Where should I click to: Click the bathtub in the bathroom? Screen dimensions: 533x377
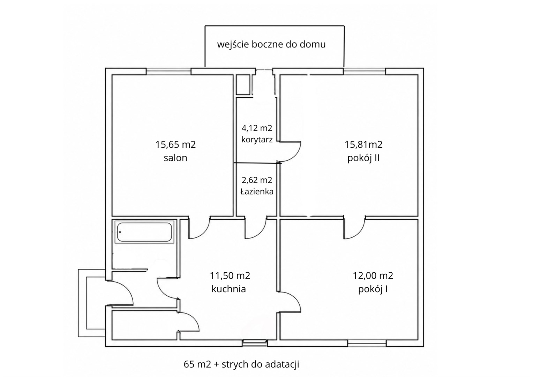tap(144, 232)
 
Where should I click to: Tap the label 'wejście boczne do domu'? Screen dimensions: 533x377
tap(271, 45)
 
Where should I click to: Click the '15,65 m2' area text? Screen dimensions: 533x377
tap(175, 145)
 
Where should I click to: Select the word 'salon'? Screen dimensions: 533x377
tap(175, 158)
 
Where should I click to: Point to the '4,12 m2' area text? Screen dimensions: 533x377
tap(257, 128)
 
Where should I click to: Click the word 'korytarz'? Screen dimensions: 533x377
tap(257, 140)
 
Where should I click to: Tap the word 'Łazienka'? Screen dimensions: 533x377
tap(257, 192)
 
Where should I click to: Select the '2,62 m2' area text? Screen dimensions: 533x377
tap(257, 180)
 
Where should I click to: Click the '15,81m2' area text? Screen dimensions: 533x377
tap(363, 145)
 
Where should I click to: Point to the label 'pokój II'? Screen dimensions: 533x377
tap(363, 158)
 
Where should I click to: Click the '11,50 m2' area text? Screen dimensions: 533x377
tap(230, 276)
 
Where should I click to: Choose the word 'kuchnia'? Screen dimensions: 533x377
tap(229, 289)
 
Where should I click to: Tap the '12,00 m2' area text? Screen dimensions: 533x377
tap(373, 276)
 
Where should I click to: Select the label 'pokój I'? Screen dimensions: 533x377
tap(373, 289)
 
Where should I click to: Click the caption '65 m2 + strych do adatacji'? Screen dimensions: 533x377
tap(241, 364)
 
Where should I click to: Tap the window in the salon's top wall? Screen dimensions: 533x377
tap(168, 71)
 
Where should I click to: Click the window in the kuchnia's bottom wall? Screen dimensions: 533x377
tap(255, 343)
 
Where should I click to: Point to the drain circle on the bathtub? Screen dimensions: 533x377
tap(120, 232)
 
